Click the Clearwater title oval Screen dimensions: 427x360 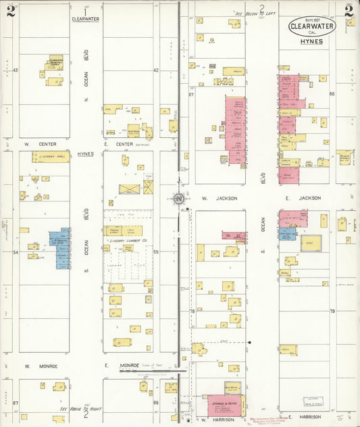310,26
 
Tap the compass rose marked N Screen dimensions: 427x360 178,199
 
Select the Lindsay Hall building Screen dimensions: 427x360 51,157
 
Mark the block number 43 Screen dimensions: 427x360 15,70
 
